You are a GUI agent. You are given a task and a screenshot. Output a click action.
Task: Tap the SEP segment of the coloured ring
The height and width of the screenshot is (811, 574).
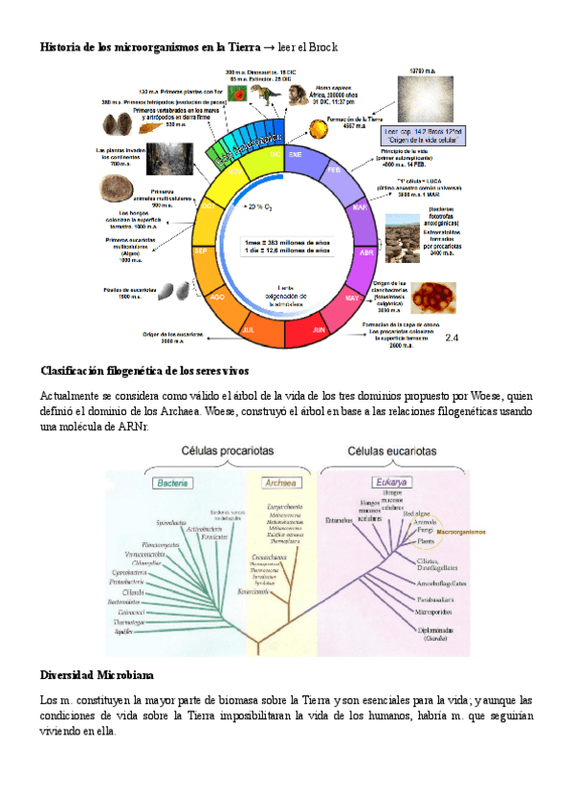[202, 252]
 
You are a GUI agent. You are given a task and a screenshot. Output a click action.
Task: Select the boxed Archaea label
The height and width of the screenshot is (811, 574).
[279, 482]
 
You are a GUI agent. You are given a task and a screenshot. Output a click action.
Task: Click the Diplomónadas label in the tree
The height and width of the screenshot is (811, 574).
[439, 630]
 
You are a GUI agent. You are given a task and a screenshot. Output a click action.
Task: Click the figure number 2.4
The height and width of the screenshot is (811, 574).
[453, 338]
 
